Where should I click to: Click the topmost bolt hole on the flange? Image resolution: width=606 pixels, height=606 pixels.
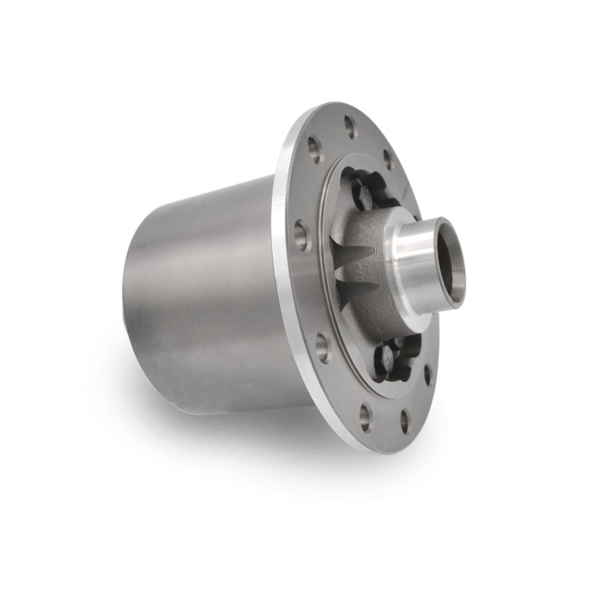tap(350, 127)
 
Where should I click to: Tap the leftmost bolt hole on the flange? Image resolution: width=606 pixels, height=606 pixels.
tap(301, 236)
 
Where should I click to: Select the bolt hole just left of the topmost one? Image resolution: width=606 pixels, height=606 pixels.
tap(314, 149)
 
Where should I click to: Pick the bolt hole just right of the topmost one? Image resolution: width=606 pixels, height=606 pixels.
tap(388, 159)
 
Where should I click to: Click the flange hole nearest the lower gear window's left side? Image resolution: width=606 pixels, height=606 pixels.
tap(323, 347)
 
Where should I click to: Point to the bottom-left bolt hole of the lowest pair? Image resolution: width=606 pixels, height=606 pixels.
tap(365, 417)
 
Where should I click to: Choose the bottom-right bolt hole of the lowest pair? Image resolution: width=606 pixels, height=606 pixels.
tap(405, 421)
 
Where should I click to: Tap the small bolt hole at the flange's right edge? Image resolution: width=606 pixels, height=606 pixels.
tap(428, 373)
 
